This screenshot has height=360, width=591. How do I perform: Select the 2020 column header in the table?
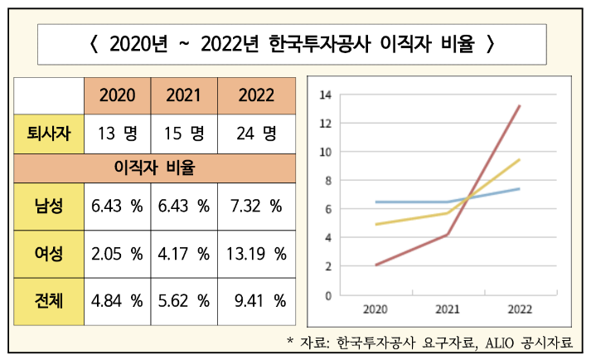(117, 95)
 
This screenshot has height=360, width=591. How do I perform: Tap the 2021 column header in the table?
(183, 95)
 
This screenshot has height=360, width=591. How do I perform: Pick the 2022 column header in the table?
(256, 95)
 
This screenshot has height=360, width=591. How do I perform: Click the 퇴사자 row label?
(49, 133)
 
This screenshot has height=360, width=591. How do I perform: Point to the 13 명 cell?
(117, 133)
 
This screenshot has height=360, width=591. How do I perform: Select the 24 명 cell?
(256, 133)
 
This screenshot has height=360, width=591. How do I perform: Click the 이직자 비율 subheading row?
(155, 169)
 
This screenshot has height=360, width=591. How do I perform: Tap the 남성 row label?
(49, 206)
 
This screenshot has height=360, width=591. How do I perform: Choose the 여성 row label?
(49, 252)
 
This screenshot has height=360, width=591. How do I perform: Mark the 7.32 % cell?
(256, 206)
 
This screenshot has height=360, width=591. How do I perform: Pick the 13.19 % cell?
(256, 252)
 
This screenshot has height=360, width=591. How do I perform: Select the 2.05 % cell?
(117, 252)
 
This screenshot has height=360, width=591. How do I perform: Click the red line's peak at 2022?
(520, 106)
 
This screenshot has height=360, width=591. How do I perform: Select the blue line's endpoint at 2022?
(520, 189)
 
